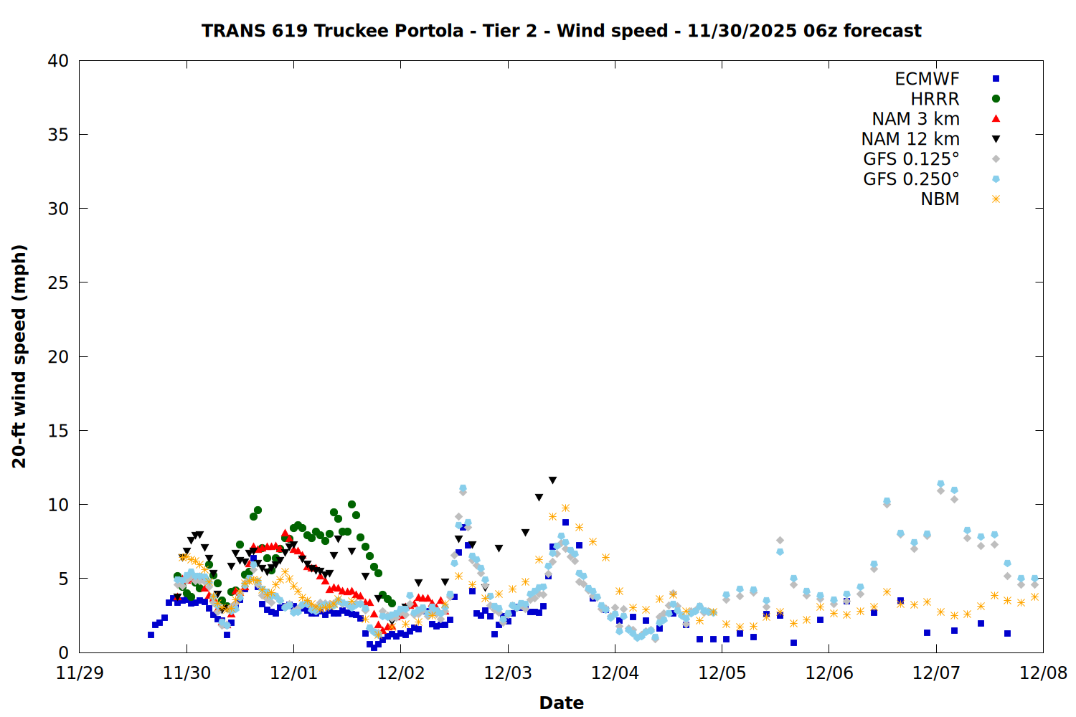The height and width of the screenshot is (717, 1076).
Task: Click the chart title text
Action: [x=561, y=31]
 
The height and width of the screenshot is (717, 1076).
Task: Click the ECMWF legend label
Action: [x=927, y=79]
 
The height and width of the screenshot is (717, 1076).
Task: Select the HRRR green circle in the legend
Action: [x=996, y=99]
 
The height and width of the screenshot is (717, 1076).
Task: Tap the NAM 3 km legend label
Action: [x=915, y=119]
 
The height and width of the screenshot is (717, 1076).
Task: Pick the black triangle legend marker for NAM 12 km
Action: [x=996, y=139]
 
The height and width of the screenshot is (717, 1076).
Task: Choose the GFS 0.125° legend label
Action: [x=911, y=159]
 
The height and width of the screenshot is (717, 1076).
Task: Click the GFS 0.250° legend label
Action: [x=911, y=179]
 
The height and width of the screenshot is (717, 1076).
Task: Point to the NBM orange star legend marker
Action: [x=996, y=199]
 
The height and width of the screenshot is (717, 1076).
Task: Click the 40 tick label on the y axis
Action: [x=58, y=61]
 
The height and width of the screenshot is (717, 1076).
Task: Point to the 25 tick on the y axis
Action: [x=58, y=282]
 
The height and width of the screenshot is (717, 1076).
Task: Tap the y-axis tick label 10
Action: [x=58, y=505]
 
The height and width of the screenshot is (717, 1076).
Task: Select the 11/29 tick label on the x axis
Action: [x=80, y=674]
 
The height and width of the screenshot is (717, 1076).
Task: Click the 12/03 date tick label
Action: [x=508, y=674]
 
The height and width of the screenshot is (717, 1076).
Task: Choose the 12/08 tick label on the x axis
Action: [x=1043, y=674]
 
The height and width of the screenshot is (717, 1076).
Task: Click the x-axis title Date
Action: [x=561, y=703]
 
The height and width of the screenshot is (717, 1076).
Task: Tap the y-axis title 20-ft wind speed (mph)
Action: [x=19, y=356]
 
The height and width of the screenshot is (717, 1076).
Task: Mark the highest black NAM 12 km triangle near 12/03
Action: [x=552, y=480]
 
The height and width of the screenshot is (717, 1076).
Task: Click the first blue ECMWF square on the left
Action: [x=151, y=635]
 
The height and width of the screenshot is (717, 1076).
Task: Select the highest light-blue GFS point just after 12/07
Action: [x=940, y=484]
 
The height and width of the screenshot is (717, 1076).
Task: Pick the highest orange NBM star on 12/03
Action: [x=565, y=508]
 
